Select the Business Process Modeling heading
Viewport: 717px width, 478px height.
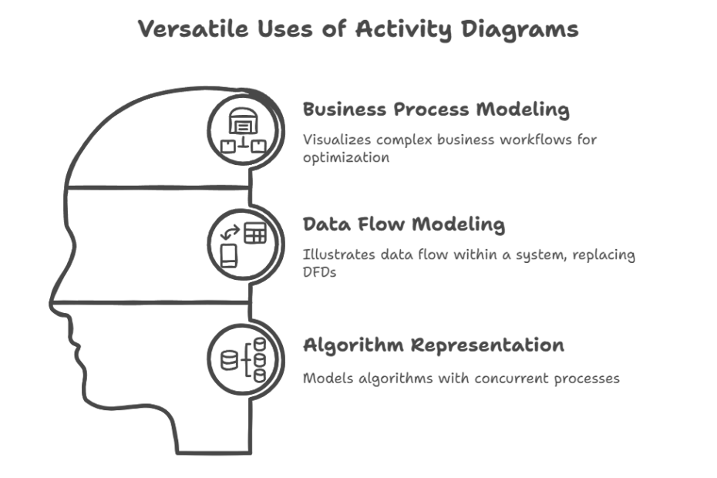coord(436,109)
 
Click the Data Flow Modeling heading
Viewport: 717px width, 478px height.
coord(403,224)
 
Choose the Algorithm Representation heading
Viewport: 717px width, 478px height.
coord(433,345)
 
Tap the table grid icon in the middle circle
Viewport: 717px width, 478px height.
coord(254,233)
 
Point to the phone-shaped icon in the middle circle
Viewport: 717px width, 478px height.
coord(229,255)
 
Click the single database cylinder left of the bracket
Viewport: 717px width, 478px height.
coord(230,360)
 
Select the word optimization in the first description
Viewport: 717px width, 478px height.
coord(346,157)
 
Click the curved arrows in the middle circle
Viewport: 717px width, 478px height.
coord(229,231)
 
